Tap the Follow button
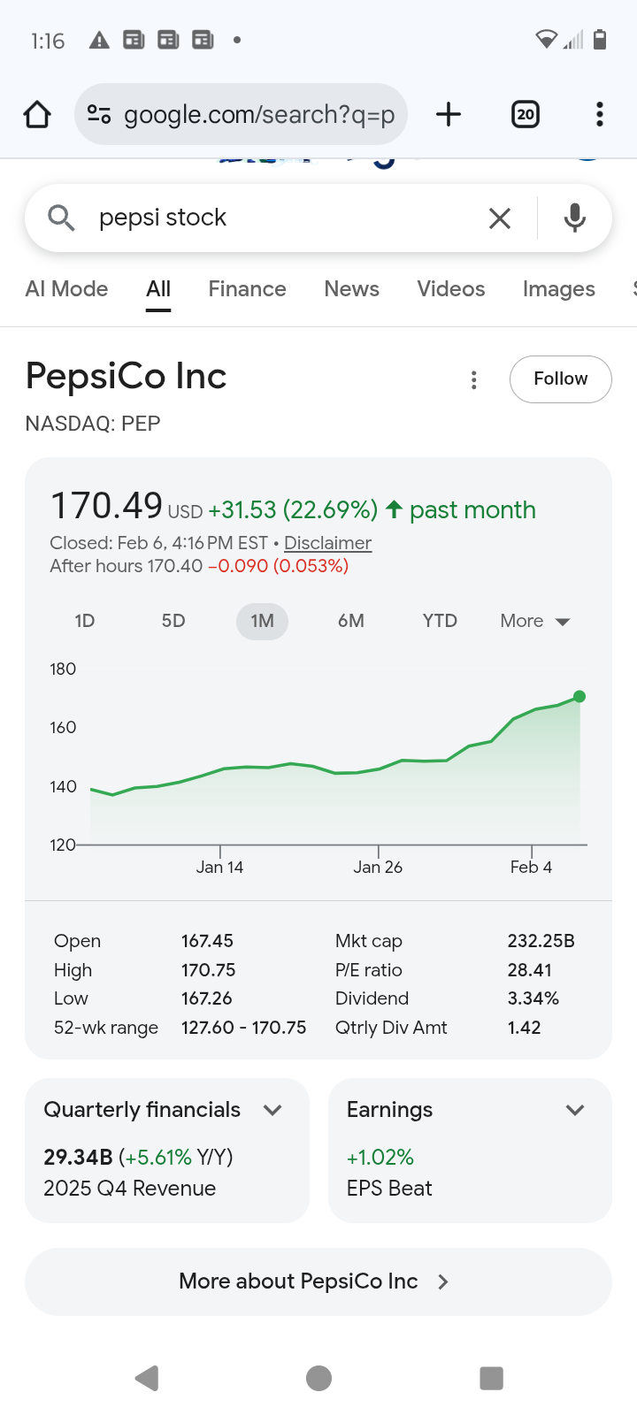tap(560, 379)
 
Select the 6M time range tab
tap(350, 621)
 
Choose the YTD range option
tap(440, 621)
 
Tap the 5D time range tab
tap(173, 621)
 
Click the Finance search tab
tap(247, 289)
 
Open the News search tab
tap(351, 289)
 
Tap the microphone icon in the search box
tap(574, 218)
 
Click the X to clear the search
tap(500, 218)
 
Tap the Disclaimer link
tap(327, 543)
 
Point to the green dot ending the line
tap(579, 697)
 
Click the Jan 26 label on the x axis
tap(378, 868)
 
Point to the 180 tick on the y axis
tap(63, 669)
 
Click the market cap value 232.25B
tap(541, 941)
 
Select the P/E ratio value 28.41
tap(529, 970)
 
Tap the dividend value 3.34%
tap(533, 998)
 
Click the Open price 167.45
tap(207, 941)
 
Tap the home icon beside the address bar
tap(37, 114)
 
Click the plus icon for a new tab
tap(449, 114)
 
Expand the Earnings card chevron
tap(575, 1110)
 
